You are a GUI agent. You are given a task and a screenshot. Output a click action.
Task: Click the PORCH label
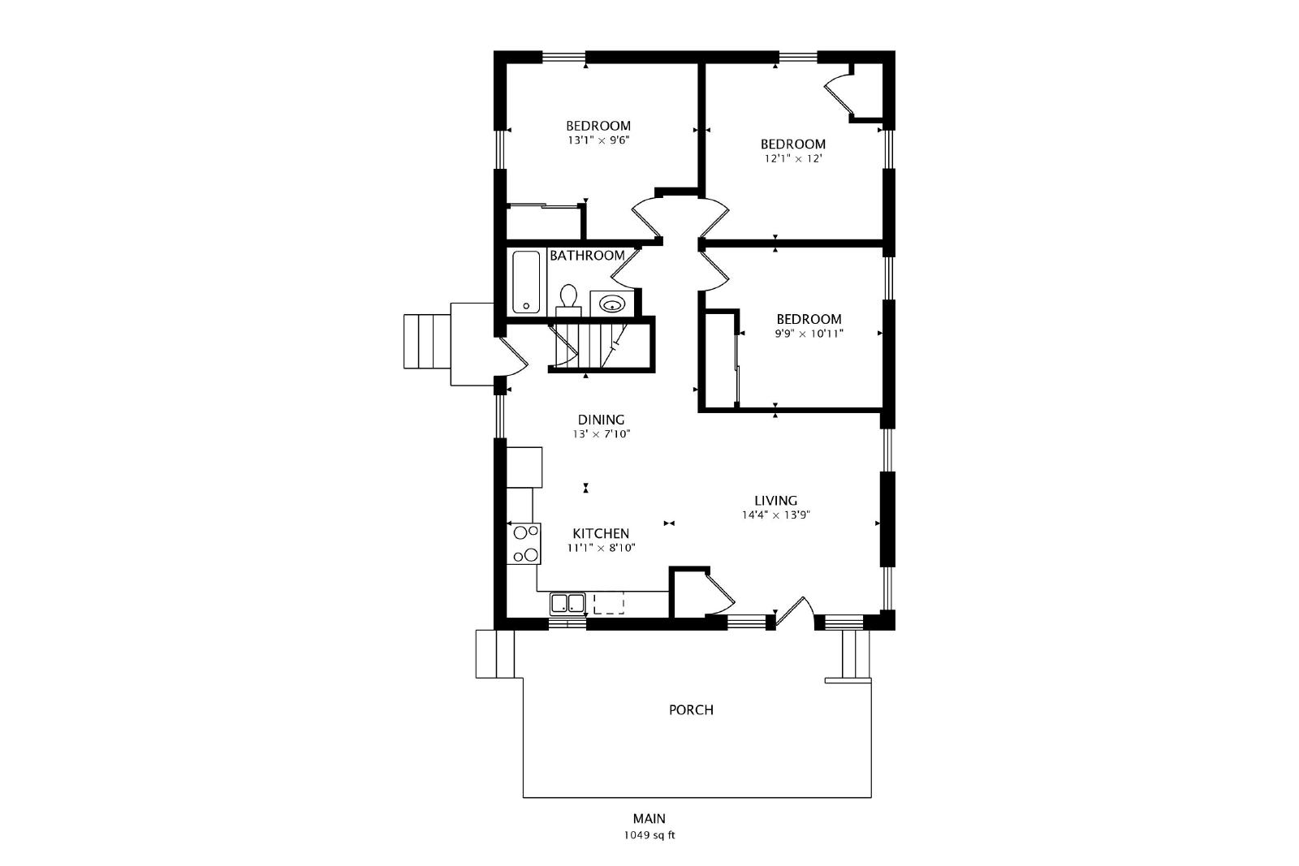691,710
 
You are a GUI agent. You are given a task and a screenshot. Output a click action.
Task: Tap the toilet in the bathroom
568,300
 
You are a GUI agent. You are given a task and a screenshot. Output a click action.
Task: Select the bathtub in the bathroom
527,282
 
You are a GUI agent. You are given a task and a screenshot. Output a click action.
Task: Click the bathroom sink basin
612,304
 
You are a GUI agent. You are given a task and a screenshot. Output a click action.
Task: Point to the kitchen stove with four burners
524,544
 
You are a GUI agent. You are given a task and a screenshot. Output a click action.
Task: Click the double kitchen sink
568,603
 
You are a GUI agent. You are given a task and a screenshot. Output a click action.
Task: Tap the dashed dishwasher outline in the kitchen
609,603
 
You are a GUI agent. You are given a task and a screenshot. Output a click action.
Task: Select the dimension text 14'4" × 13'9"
775,515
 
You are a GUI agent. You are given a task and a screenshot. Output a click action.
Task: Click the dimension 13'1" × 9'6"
598,140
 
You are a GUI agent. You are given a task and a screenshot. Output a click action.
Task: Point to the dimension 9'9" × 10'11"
809,334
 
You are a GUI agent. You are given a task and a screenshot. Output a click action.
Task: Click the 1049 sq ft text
649,835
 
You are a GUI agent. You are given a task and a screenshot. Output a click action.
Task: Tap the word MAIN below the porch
649,818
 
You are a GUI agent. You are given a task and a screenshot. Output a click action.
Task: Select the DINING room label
602,420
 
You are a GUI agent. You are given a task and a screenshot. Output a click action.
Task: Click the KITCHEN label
601,534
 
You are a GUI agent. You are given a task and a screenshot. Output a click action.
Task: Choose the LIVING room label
776,500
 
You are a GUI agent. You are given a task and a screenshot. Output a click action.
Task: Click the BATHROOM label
588,256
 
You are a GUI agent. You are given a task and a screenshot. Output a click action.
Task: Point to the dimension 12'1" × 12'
793,159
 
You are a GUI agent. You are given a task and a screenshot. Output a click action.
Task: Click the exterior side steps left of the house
427,342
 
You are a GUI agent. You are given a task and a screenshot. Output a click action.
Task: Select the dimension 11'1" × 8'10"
602,548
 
